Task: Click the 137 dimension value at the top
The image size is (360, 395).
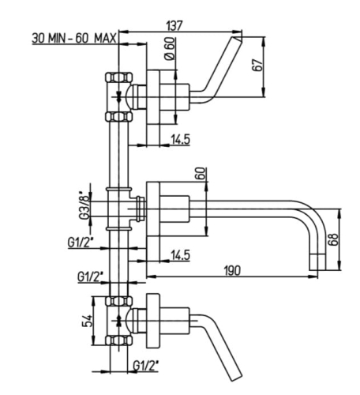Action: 174,25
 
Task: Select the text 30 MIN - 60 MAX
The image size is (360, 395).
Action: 74,39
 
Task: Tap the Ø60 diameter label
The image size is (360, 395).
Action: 170,49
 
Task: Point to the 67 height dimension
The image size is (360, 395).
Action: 257,66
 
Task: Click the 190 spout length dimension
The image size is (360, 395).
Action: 232,270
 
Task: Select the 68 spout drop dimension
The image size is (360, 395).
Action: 333,239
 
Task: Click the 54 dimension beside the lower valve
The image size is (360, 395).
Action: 88,321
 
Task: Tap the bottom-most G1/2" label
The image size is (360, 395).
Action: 146,366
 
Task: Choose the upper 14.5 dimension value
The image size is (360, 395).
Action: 180,139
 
